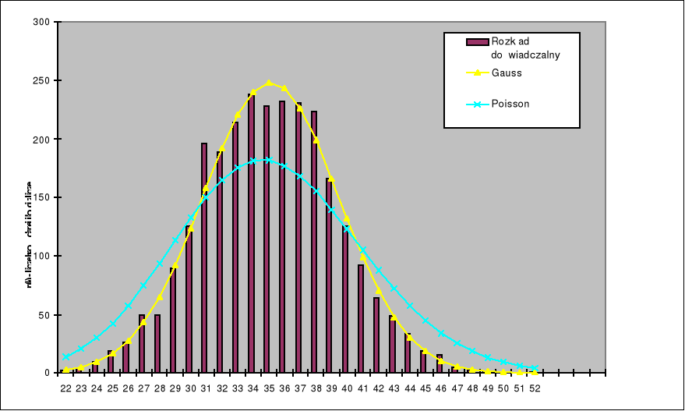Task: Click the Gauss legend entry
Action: coord(507,73)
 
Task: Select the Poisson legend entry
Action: coord(510,104)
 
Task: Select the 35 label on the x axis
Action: coord(268,388)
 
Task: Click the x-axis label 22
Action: coord(65,388)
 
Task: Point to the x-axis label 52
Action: coord(535,388)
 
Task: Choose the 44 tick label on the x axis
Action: coord(409,388)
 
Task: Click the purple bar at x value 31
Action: coord(204,257)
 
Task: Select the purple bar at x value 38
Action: coord(314,242)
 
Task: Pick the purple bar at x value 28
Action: coord(157,343)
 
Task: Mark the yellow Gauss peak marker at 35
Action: coord(269,83)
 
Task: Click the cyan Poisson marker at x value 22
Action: coord(65,356)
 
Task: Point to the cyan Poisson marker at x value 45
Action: coord(425,321)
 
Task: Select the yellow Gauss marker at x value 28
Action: coord(160,297)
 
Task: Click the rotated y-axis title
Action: coord(29,234)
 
